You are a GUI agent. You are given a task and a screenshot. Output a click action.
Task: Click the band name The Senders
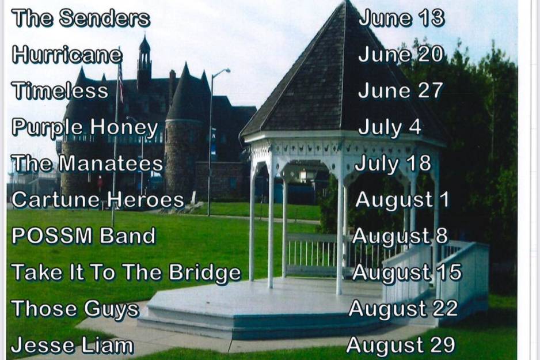(x=81, y=18)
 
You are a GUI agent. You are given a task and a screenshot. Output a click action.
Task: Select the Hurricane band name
(x=67, y=54)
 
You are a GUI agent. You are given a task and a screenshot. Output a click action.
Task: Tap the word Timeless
(x=60, y=90)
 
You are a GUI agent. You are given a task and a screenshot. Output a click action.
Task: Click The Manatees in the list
(x=87, y=163)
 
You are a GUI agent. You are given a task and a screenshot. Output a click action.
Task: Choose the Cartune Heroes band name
(x=98, y=199)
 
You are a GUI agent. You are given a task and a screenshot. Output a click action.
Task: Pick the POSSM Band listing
(x=83, y=236)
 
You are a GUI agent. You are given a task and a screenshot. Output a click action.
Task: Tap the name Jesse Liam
(x=73, y=345)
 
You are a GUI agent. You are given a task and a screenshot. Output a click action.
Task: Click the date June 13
(x=401, y=18)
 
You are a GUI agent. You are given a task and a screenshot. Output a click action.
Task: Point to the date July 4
(x=390, y=127)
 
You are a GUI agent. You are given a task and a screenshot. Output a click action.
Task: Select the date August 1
(x=402, y=200)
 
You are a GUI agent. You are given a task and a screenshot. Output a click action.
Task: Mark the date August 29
(x=401, y=345)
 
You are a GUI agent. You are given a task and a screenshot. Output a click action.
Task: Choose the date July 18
(x=393, y=164)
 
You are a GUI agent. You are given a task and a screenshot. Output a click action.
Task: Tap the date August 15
(x=406, y=272)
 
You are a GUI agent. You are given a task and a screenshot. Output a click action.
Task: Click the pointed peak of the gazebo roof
(x=347, y=2)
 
